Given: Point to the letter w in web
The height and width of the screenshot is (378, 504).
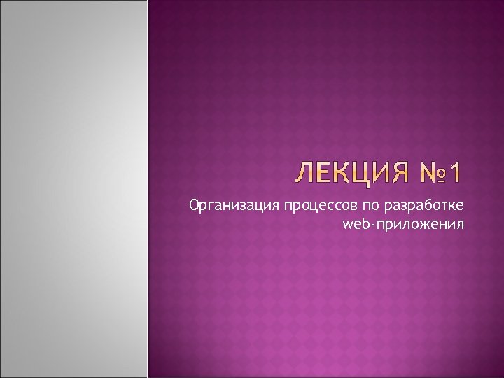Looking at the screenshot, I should tap(347, 225).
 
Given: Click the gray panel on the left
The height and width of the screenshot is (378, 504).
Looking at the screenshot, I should tap(73, 189).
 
